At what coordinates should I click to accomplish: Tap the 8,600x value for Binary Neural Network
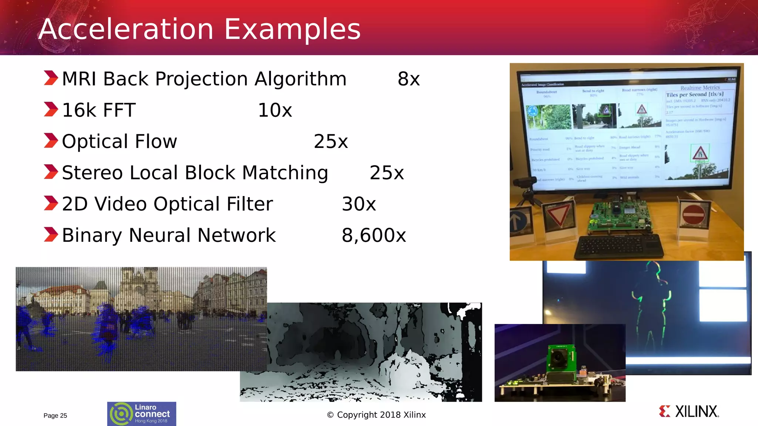[374, 235]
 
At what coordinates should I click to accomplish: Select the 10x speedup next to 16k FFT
[275, 110]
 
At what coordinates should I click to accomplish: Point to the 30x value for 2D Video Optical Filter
[359, 204]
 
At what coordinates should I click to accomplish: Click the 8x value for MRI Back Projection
[409, 79]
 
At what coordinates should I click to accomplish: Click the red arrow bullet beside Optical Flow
[51, 141]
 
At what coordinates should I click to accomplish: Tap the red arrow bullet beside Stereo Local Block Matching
[51, 172]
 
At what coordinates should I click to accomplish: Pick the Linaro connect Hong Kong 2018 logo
[142, 414]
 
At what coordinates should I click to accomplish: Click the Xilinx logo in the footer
[689, 412]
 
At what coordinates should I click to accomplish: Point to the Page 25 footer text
[55, 416]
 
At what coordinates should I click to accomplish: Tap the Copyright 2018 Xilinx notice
[376, 415]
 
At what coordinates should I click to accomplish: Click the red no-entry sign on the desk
[693, 215]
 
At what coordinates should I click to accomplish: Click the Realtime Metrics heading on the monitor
[700, 88]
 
